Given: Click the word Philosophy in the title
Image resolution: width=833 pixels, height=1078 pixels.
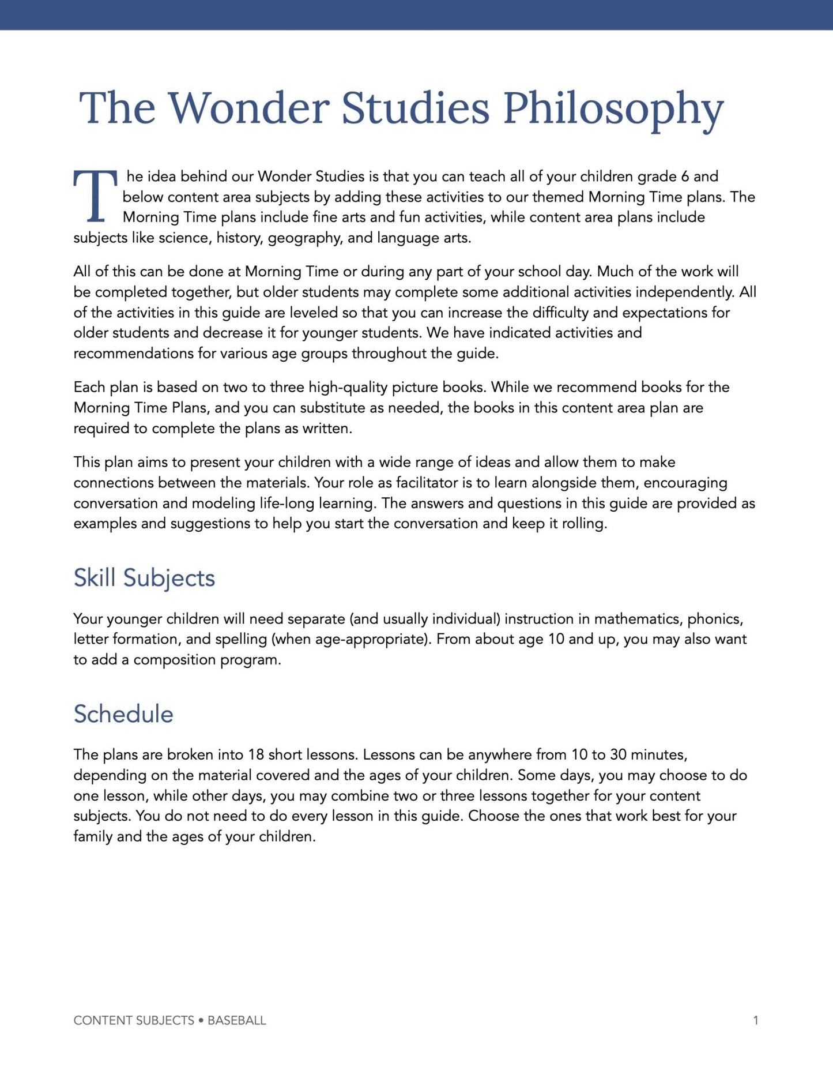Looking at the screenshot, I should [x=613, y=108].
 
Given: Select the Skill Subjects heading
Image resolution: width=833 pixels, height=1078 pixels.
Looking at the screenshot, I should [x=144, y=578].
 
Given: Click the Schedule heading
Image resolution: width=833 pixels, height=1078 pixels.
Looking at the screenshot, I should [x=123, y=714].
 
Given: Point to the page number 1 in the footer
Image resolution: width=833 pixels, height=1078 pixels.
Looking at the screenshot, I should [x=755, y=1020].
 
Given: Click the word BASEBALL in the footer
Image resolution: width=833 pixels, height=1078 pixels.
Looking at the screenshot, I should [x=236, y=1020].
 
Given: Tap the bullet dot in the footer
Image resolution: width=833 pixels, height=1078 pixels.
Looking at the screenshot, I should [x=201, y=1020].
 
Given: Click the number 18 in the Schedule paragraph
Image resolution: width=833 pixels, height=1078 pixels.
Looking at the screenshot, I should [x=256, y=754].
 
